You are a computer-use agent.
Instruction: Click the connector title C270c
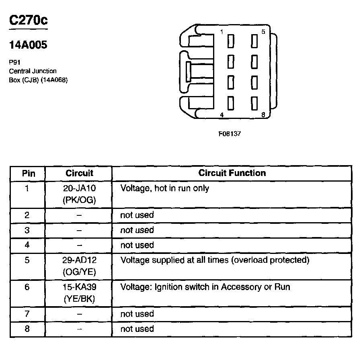[28, 20]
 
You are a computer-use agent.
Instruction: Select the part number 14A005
[28, 45]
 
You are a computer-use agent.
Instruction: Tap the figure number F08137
[230, 134]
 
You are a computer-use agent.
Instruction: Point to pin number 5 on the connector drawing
[263, 32]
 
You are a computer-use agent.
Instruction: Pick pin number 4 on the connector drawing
[222, 115]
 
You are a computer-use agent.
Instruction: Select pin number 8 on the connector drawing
[263, 115]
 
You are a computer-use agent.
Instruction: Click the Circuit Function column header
[232, 173]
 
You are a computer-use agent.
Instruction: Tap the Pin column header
[28, 174]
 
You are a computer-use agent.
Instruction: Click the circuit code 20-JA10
[79, 188]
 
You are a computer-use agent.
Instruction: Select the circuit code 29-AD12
[79, 260]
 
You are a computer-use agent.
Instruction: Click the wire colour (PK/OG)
[79, 200]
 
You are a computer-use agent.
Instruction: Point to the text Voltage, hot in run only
[165, 188]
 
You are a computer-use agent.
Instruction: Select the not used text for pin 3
[137, 230]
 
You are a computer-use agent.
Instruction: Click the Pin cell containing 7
[27, 314]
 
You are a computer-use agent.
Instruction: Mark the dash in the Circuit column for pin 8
[79, 329]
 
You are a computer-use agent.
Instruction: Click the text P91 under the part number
[14, 63]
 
